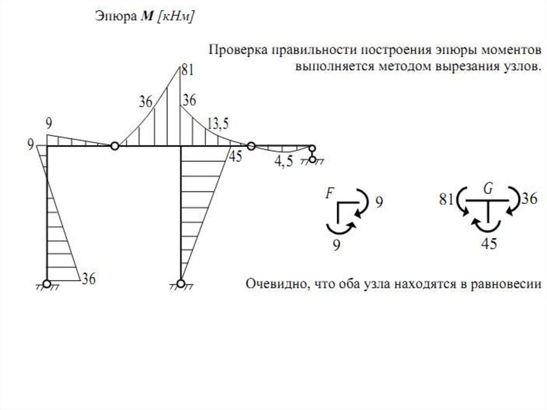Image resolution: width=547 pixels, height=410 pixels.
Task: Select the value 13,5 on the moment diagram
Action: pos(218,124)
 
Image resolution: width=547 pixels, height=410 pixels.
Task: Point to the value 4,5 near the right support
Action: pos(284,162)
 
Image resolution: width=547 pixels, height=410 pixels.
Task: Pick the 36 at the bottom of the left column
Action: pos(89,278)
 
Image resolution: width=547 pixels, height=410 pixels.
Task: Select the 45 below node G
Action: pos(489,244)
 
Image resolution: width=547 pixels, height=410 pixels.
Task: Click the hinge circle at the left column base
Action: pos(47,283)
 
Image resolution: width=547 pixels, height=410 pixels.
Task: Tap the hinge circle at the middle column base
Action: pos(182,283)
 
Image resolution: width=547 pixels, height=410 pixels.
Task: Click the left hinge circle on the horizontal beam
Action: pos(114,146)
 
